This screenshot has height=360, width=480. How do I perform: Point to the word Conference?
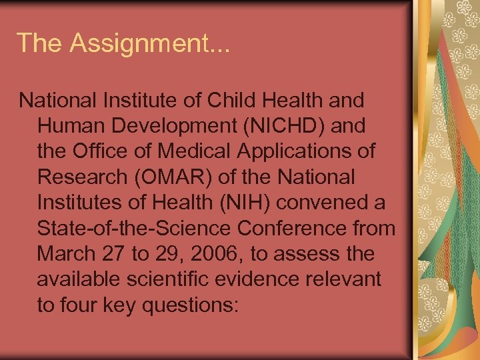(x=297, y=229)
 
